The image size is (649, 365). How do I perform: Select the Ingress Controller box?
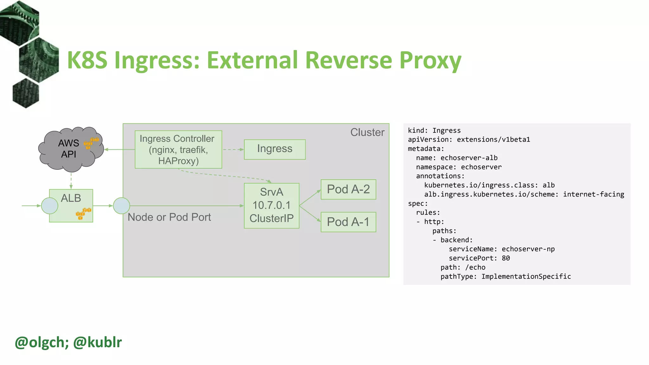tap(178, 150)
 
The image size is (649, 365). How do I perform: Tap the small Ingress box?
tap(274, 149)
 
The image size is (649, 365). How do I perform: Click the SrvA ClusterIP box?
tap(271, 205)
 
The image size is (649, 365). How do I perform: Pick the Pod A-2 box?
tap(348, 189)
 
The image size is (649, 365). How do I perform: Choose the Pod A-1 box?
tap(348, 222)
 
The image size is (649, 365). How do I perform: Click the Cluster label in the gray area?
tap(367, 132)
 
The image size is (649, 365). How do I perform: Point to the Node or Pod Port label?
tap(169, 217)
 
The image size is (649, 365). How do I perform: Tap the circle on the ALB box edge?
tap(49, 206)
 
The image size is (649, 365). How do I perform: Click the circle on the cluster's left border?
tap(121, 206)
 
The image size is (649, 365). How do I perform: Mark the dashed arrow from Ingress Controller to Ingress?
tap(233, 149)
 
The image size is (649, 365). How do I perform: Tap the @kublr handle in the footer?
tap(97, 342)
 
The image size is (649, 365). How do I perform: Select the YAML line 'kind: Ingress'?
tap(434, 131)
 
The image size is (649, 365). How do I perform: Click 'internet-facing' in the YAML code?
tap(593, 194)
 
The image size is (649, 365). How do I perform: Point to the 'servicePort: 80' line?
tap(479, 258)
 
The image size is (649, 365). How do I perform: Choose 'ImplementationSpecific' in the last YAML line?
tap(526, 276)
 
